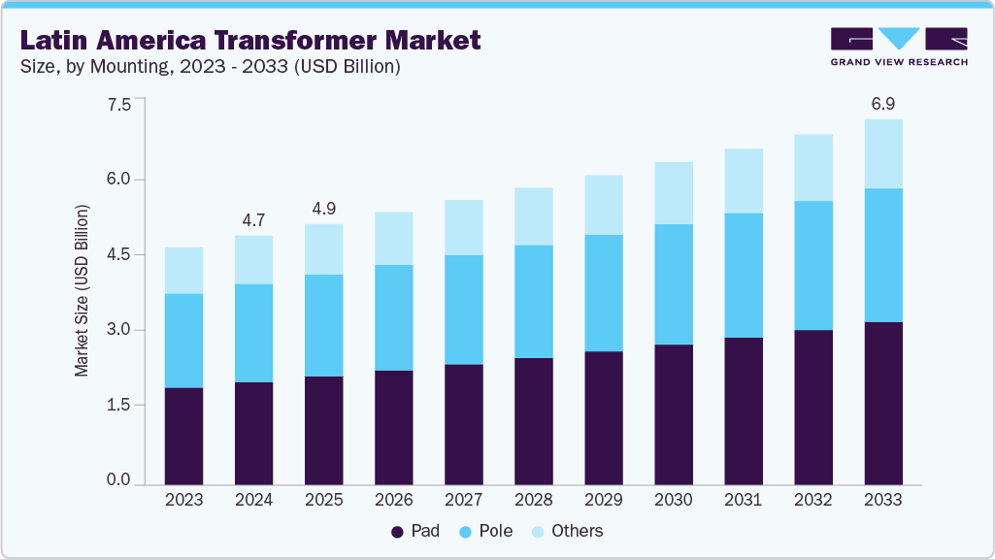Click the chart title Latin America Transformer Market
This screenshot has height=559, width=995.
[250, 40]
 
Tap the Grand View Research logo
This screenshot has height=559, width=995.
[898, 46]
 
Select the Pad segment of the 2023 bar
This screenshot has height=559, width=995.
[183, 436]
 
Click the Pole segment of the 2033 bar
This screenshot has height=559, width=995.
[883, 255]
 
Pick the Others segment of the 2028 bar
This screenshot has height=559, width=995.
[534, 216]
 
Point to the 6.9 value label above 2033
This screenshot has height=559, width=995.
[883, 102]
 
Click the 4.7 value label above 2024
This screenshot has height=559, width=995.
[253, 220]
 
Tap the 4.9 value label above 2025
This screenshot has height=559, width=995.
[323, 209]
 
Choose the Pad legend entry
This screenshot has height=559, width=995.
[415, 531]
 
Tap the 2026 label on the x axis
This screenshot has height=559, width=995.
[394, 500]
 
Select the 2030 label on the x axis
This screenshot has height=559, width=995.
[674, 500]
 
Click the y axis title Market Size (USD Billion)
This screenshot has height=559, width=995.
[83, 291]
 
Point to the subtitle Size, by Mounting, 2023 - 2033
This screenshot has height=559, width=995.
[211, 67]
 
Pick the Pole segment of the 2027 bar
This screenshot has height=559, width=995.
[464, 310]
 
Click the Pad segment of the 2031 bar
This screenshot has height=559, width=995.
[744, 411]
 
